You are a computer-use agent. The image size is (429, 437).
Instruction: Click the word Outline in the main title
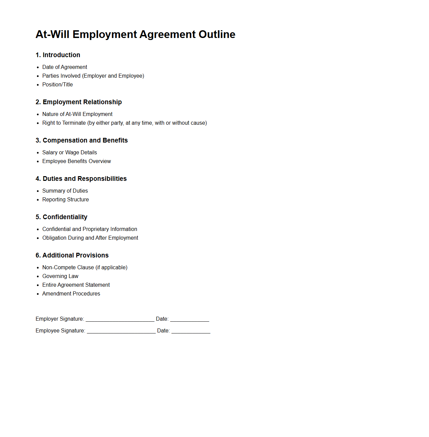[217, 34]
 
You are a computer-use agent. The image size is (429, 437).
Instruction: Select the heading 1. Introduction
[58, 55]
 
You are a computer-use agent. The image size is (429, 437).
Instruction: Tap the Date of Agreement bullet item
[64, 67]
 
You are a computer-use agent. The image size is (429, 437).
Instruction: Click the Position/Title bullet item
[57, 85]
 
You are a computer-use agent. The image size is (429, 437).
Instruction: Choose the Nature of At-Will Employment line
[77, 114]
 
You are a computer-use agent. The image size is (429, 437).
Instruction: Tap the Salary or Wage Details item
[69, 153]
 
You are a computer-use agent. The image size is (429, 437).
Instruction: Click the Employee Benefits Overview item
[77, 161]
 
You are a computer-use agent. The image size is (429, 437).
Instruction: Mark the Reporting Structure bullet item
[65, 200]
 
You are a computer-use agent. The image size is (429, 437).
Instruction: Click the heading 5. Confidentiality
[61, 217]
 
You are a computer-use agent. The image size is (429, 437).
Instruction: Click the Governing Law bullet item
[60, 276]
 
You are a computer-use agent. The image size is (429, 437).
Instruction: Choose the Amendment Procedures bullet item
[71, 294]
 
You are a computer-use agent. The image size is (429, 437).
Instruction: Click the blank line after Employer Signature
[120, 319]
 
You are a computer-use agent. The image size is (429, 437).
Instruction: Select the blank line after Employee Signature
[121, 331]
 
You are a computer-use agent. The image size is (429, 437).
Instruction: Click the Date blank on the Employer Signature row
[189, 319]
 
